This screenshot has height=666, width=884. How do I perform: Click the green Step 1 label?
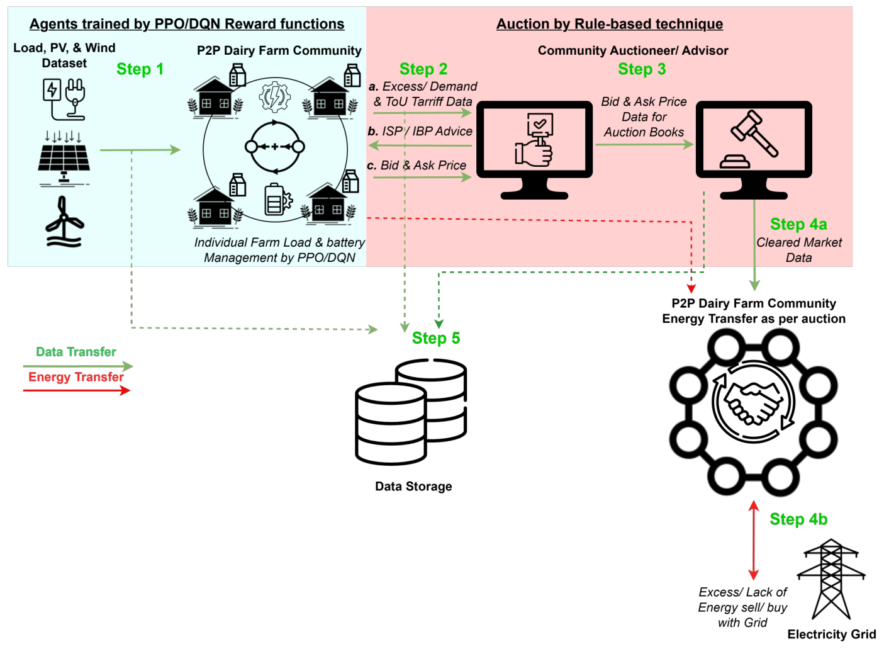[140, 69]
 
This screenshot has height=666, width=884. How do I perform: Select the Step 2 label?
[423, 69]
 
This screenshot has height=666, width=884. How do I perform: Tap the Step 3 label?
[641, 69]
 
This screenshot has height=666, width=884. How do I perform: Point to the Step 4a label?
[798, 225]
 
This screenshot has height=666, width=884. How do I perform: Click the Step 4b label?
[798, 519]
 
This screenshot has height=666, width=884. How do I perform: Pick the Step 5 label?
[435, 338]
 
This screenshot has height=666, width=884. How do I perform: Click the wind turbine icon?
[64, 222]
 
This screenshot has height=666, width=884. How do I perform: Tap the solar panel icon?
[64, 161]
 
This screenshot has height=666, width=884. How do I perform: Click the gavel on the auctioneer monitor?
[754, 133]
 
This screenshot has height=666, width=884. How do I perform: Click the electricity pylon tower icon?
[831, 579]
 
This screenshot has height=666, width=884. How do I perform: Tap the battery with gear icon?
[277, 200]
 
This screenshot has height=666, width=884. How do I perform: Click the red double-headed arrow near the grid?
[753, 540]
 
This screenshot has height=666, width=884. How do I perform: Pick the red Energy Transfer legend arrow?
[76, 391]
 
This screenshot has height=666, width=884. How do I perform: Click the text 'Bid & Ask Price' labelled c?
[423, 166]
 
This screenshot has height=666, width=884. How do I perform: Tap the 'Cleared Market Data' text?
[798, 250]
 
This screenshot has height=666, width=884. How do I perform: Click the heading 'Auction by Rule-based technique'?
[609, 24]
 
